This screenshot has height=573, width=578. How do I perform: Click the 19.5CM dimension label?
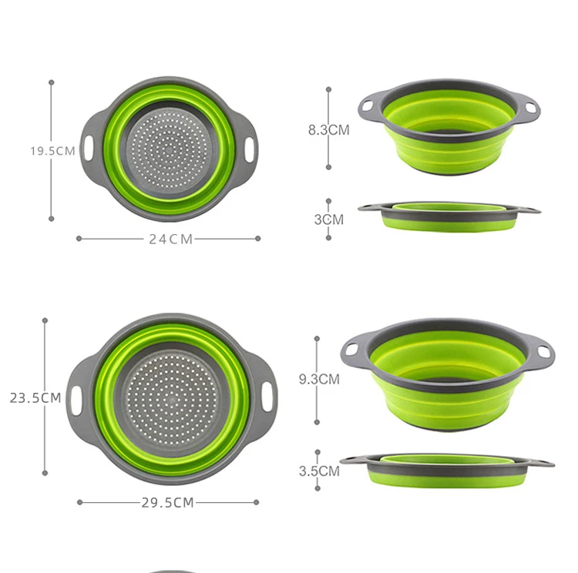click(52, 151)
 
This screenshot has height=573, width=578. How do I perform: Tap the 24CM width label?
click(170, 239)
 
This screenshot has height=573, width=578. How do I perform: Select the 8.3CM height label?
click(329, 130)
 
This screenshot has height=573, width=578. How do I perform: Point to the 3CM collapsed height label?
click(329, 219)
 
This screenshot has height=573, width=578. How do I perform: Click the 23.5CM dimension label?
click(35, 398)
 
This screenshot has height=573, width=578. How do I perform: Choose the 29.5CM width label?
click(167, 503)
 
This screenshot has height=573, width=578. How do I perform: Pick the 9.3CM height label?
click(319, 379)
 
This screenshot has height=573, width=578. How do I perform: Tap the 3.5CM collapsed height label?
click(319, 471)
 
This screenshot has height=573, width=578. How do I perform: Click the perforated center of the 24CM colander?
click(168, 146)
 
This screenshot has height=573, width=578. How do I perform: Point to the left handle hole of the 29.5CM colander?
click(76, 398)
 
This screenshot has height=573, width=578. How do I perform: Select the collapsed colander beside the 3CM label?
click(449, 216)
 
